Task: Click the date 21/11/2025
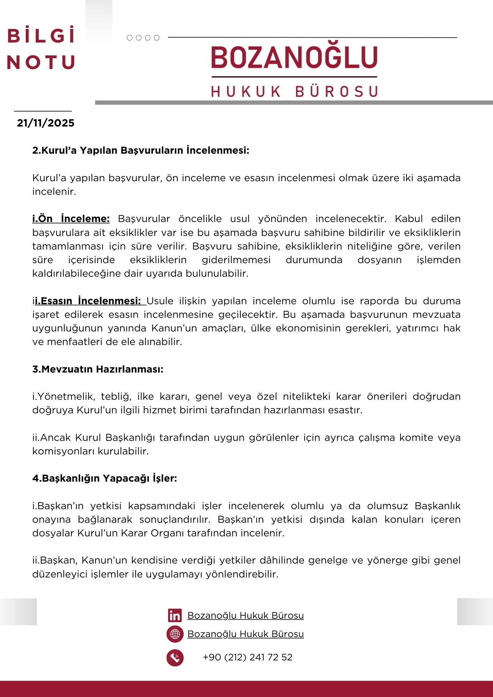(x=46, y=123)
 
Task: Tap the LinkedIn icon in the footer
(x=175, y=615)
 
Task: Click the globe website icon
(x=175, y=634)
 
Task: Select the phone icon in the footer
(x=175, y=658)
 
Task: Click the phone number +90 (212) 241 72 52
(x=248, y=657)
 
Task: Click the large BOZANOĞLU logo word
(x=294, y=58)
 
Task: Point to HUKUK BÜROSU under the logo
(x=295, y=91)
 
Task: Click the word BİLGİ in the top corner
(x=41, y=36)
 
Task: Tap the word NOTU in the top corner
(x=41, y=62)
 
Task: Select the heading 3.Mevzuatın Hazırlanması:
(x=98, y=369)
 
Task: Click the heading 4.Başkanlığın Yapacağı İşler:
(x=105, y=478)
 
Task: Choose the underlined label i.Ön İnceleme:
(x=71, y=219)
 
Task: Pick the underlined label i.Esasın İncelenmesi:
(x=90, y=301)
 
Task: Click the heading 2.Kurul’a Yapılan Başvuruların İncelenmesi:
(x=141, y=151)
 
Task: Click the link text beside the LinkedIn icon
(x=245, y=615)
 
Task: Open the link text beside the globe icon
(x=245, y=634)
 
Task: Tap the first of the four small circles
(x=130, y=38)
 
